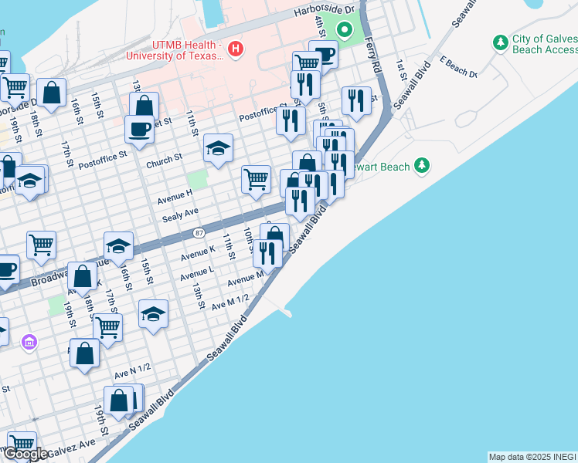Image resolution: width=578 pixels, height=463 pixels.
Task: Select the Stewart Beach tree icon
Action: (421, 165)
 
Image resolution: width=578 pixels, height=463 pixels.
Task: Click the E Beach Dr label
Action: (458, 66)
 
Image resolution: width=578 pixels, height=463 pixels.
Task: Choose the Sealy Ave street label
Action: (180, 214)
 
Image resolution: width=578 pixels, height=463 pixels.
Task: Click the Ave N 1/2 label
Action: (132, 372)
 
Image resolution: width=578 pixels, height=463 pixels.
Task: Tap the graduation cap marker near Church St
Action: (218, 147)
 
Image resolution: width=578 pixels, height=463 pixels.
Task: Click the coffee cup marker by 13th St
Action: (139, 129)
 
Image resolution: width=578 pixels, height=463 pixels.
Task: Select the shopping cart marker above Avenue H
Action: (256, 180)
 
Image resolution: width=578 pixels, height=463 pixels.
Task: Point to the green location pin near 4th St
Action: (345, 32)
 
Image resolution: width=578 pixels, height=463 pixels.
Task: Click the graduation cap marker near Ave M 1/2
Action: (153, 314)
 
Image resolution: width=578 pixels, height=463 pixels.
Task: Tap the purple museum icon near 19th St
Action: (29, 341)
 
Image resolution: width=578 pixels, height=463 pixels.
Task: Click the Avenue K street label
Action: (197, 253)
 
